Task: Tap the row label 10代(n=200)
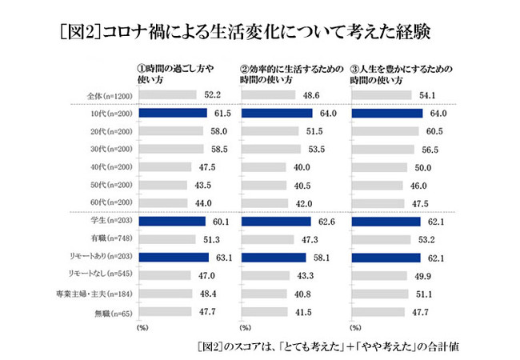[111, 114]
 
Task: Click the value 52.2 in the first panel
[212, 95]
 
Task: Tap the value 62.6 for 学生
[328, 221]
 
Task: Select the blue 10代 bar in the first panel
[173, 114]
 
